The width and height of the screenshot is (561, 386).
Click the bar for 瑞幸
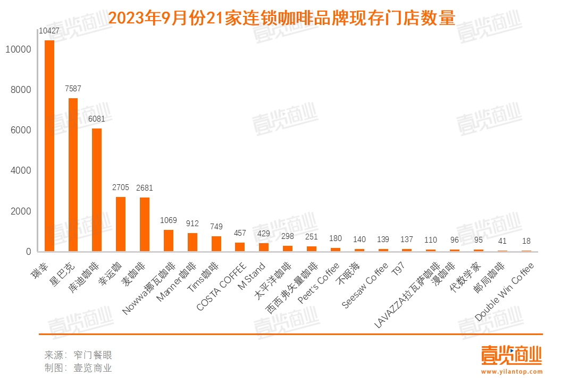[x=49, y=145]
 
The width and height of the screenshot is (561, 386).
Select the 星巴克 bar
[x=73, y=175]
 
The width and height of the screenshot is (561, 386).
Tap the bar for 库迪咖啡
[x=97, y=190]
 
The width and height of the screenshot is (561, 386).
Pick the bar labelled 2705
[x=121, y=224]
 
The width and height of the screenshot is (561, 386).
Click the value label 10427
[x=49, y=31]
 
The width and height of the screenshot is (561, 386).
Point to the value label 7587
[x=73, y=89]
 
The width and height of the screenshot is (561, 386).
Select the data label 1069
[x=168, y=220]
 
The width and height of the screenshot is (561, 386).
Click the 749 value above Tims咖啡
[x=216, y=227]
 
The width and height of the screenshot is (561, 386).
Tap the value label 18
[x=526, y=242]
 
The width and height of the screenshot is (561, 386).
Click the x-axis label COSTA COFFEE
[x=222, y=287]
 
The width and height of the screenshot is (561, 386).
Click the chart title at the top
[x=282, y=19]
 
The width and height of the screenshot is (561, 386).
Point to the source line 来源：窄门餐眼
[x=78, y=355]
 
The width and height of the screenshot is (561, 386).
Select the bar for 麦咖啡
[x=145, y=225]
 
